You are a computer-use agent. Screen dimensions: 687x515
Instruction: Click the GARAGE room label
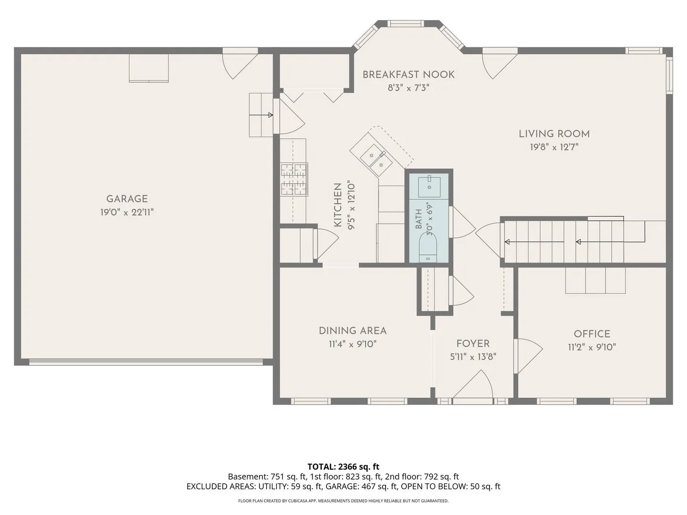127,199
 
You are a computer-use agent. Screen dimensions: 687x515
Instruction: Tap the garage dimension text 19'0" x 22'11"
127,213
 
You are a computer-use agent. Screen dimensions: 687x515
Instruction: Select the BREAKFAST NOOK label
408,74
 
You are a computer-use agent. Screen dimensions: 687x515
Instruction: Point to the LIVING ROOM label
554,134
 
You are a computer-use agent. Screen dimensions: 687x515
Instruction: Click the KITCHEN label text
338,205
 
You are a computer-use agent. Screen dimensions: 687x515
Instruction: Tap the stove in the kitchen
294,179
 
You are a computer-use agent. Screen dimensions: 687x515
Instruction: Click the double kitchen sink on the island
376,160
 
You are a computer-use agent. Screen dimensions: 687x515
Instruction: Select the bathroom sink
429,186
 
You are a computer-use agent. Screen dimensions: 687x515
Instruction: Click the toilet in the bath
428,247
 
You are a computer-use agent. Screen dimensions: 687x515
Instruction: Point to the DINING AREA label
353,330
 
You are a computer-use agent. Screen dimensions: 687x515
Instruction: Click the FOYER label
473,344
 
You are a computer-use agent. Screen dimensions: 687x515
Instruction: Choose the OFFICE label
592,334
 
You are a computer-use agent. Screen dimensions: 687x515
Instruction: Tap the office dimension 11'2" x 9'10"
592,348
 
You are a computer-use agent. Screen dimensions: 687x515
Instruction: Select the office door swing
529,356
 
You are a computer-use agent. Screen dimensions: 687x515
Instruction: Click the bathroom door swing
462,222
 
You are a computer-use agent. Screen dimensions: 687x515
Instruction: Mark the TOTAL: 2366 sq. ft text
343,466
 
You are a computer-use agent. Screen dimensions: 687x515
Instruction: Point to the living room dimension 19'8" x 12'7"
554,147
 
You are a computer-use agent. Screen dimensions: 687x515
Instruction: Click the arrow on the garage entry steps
261,115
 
